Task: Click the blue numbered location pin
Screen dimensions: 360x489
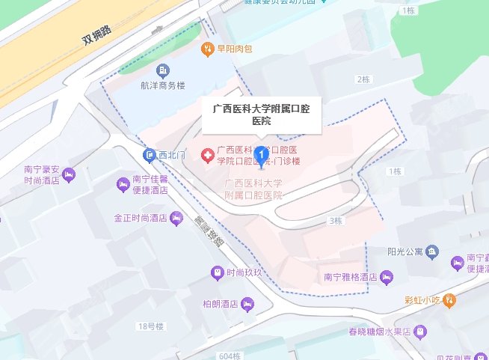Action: coord(261,156)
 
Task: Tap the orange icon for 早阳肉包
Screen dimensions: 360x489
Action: coord(206,50)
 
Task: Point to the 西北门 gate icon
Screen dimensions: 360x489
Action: coord(149,154)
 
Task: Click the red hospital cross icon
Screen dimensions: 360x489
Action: coord(206,155)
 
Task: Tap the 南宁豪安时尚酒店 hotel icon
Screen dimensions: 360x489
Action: coord(70,175)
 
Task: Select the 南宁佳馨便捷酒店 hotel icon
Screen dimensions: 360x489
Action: coord(122,183)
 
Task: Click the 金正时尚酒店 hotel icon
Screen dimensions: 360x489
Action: coord(176,219)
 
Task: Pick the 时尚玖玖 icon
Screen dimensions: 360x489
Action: coord(217,272)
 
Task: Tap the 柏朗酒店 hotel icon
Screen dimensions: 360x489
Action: coord(247,304)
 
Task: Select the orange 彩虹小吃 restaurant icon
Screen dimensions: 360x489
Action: coord(449,301)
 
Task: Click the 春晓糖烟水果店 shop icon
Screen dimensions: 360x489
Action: coord(421,330)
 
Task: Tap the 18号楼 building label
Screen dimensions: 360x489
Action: coord(150,326)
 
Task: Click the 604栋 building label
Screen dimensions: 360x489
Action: coord(232,356)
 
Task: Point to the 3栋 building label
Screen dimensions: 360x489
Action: coord(335,221)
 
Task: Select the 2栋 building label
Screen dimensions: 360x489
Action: coord(364,79)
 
